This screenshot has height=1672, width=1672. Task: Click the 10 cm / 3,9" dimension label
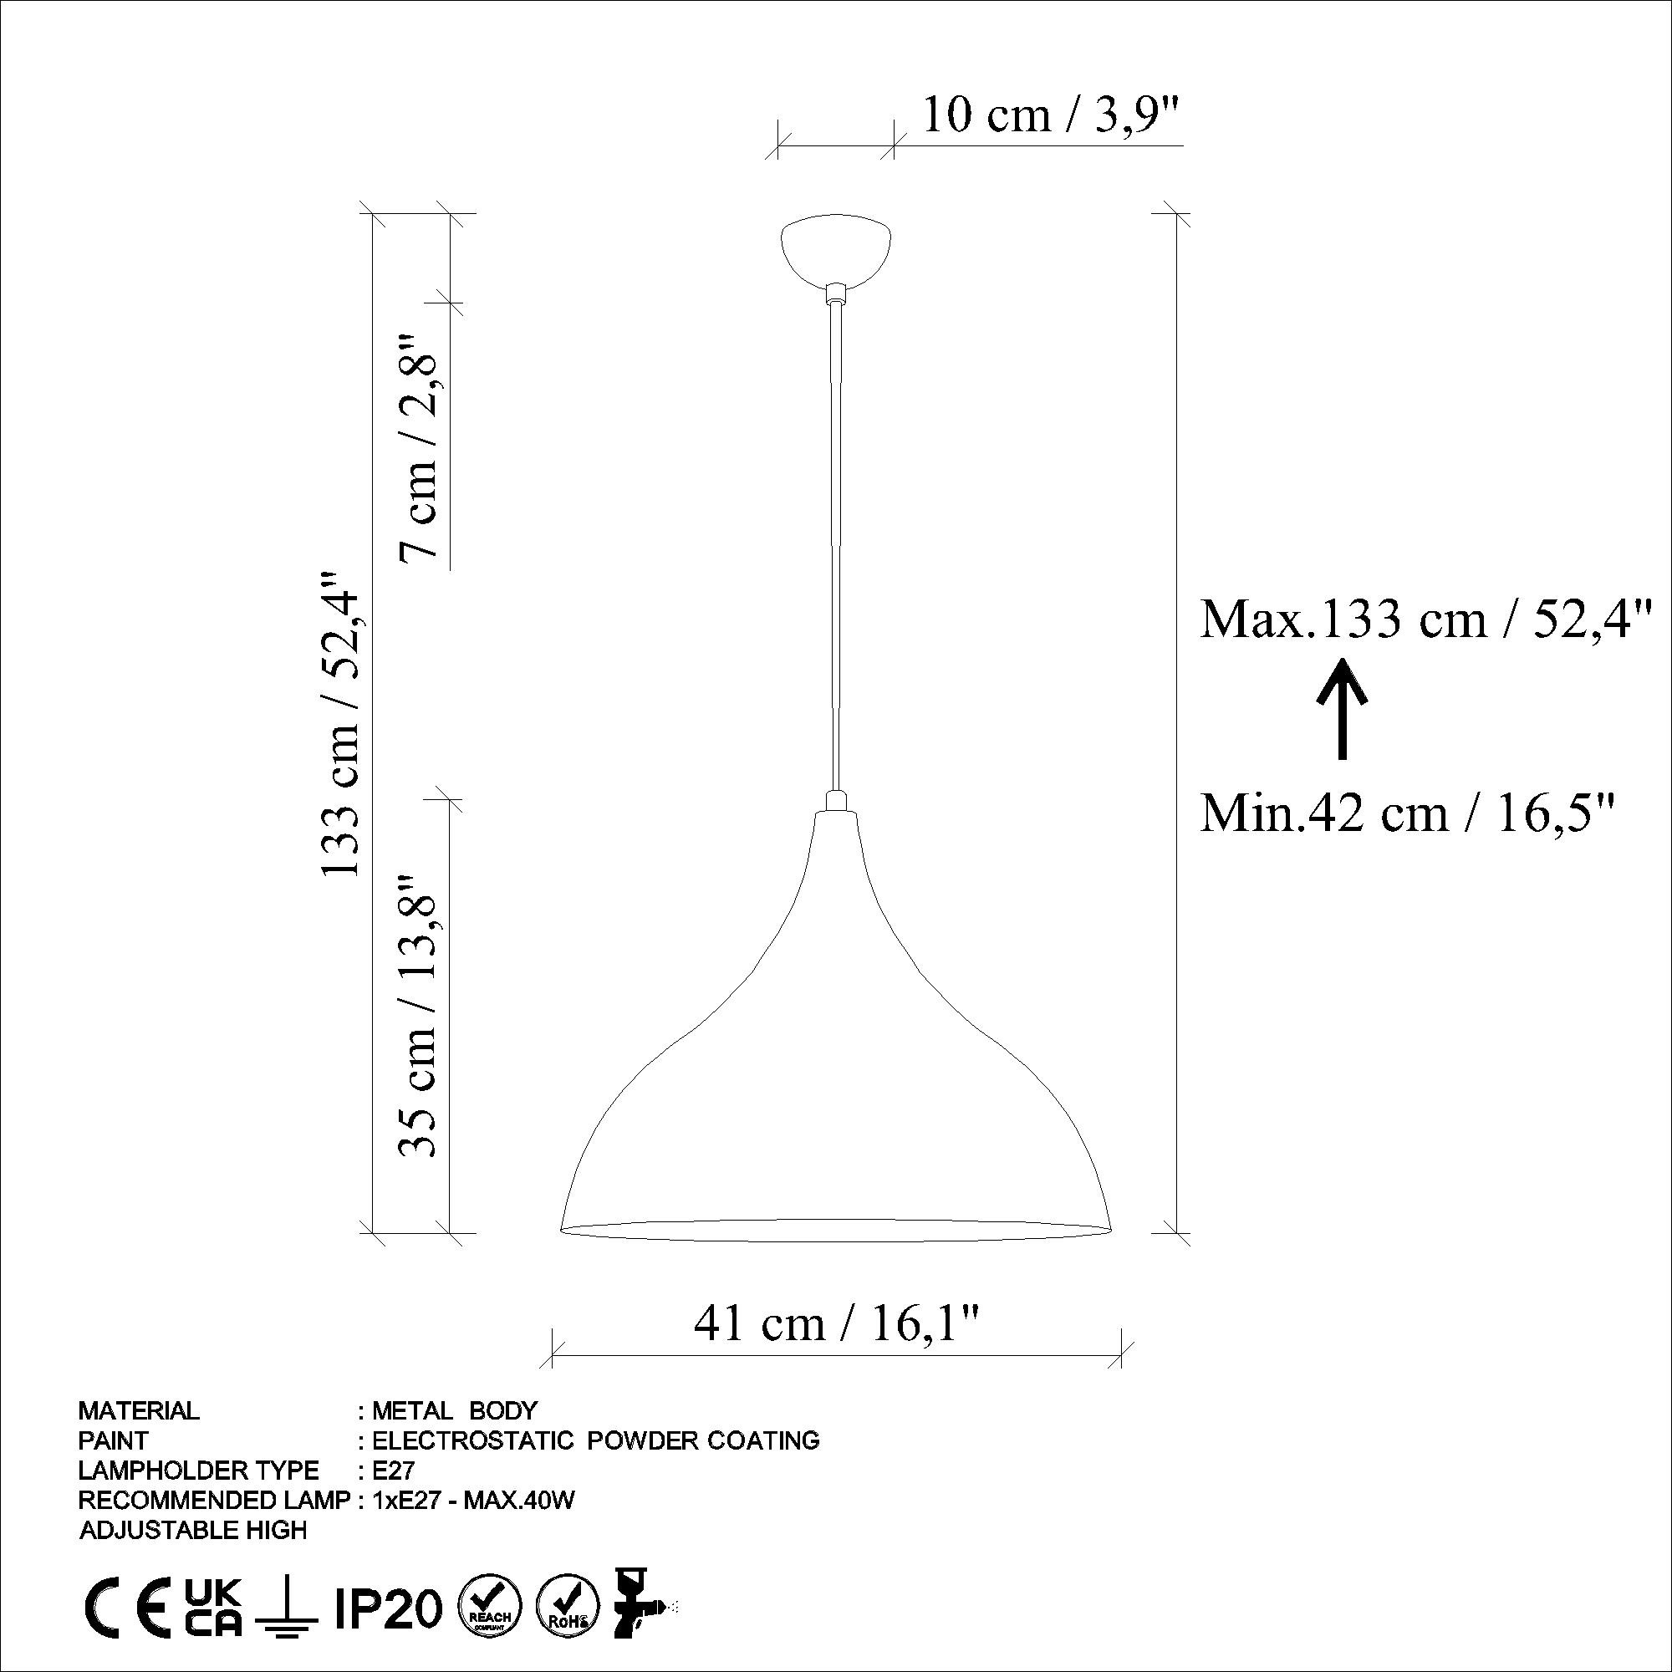1053,115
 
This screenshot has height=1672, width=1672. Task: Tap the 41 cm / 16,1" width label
837,1324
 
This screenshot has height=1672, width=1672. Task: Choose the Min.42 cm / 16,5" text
1408,813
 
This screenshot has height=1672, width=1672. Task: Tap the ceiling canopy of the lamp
836,252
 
